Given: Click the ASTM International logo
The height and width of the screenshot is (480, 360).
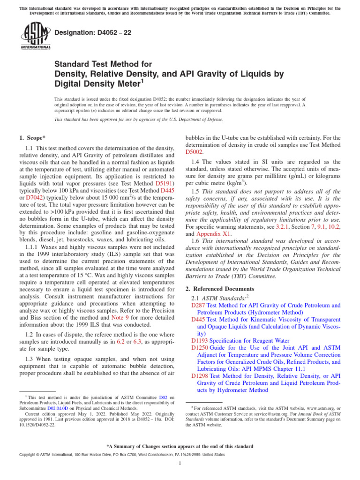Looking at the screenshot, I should click(35, 36).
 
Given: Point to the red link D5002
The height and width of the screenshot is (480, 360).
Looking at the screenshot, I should click(194, 152).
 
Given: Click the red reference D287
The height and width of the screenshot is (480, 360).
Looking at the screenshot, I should click(198, 305).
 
